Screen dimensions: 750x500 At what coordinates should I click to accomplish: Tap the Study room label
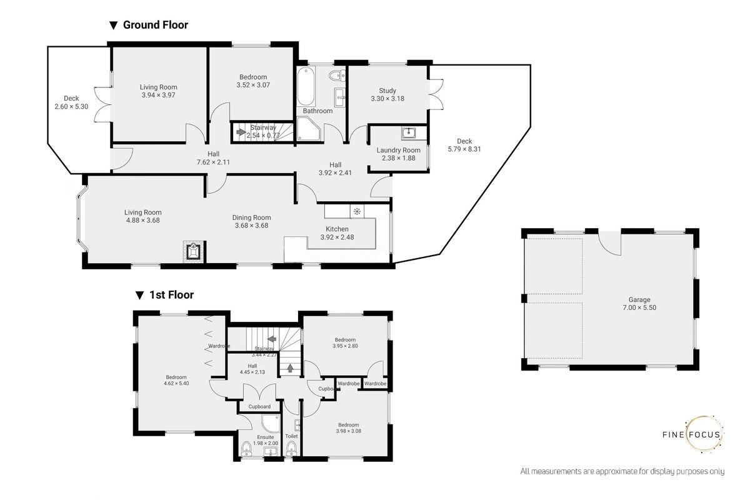(387, 91)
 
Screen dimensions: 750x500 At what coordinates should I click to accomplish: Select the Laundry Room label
(398, 150)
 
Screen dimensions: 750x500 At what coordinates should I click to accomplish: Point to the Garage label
(639, 300)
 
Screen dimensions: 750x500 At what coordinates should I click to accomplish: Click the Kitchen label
(337, 229)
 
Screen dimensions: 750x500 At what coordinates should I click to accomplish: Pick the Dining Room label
(251, 217)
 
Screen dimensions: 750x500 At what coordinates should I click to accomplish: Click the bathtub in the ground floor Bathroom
(306, 86)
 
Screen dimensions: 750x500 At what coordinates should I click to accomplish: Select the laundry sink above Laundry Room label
(409, 132)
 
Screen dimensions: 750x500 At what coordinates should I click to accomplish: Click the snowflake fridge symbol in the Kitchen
(357, 211)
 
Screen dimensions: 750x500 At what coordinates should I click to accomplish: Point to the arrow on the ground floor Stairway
(241, 132)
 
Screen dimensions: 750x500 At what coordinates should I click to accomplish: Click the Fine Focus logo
(693, 434)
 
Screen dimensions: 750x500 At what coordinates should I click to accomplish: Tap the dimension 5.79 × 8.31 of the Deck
(464, 149)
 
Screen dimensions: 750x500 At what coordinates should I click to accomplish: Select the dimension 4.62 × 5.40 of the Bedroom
(176, 384)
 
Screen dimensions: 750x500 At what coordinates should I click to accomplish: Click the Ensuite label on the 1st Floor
(265, 437)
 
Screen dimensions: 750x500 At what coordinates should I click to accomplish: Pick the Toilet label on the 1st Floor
(291, 436)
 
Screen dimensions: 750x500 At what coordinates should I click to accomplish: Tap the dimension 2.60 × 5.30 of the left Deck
(71, 106)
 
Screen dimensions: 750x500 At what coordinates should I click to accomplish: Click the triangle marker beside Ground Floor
(114, 26)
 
